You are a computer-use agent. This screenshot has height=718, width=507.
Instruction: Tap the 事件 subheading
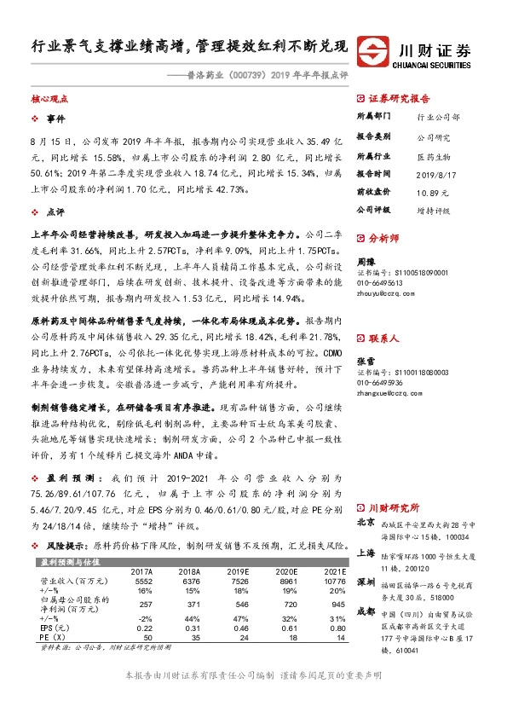pos(56,118)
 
